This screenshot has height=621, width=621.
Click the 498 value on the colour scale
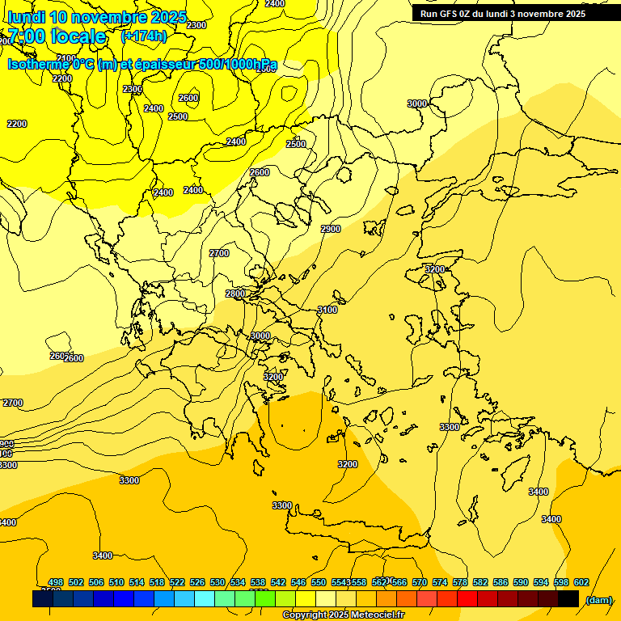coord(56,582)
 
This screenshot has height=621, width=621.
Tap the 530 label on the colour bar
coord(218,582)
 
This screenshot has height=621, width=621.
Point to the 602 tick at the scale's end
coord(581,582)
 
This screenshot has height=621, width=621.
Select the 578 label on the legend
coord(460,582)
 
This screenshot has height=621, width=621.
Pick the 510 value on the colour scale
coord(116,582)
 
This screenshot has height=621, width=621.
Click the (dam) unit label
coord(598,599)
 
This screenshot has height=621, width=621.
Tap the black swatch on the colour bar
coord(568,598)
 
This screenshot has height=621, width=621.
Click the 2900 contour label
coord(331,229)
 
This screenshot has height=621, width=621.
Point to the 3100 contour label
coord(327,310)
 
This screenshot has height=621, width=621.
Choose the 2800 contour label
coord(235,294)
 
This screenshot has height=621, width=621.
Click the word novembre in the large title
coord(108,17)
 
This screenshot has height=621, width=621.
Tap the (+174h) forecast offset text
coord(143,36)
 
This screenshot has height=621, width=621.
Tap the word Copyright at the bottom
coord(304,615)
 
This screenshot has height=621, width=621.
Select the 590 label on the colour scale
coord(521,582)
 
